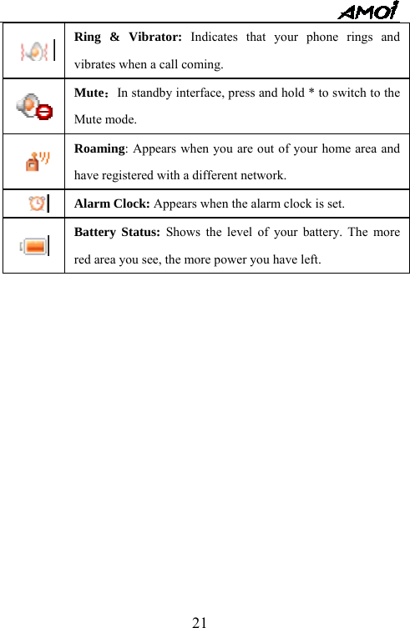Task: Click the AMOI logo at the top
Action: click(x=367, y=12)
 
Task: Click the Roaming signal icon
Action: click(x=36, y=161)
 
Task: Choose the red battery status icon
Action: click(x=36, y=245)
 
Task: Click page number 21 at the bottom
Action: click(x=200, y=622)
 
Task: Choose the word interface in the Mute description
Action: click(x=209, y=93)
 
